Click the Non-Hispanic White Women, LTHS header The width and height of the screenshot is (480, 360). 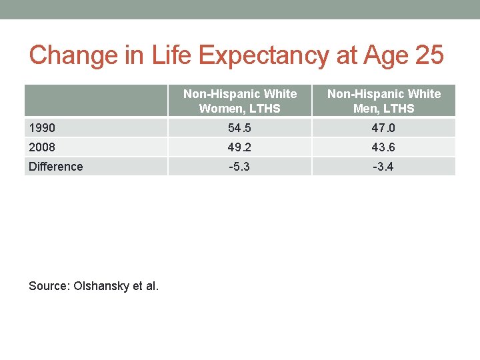[x=240, y=101]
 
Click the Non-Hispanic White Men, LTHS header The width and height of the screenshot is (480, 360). [x=384, y=101]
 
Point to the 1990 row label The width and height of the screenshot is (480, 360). [x=42, y=128]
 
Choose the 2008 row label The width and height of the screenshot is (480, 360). [x=42, y=147]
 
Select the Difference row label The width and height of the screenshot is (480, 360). [x=56, y=167]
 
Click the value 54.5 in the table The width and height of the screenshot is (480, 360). [x=239, y=128]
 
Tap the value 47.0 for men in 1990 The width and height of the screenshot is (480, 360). [x=383, y=128]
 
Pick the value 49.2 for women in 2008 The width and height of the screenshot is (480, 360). [x=239, y=147]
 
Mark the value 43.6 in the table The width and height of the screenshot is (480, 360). [x=383, y=147]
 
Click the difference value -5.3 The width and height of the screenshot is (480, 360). [x=239, y=167]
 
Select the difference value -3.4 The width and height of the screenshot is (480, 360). [x=383, y=167]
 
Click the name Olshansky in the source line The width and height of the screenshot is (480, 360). [x=105, y=286]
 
